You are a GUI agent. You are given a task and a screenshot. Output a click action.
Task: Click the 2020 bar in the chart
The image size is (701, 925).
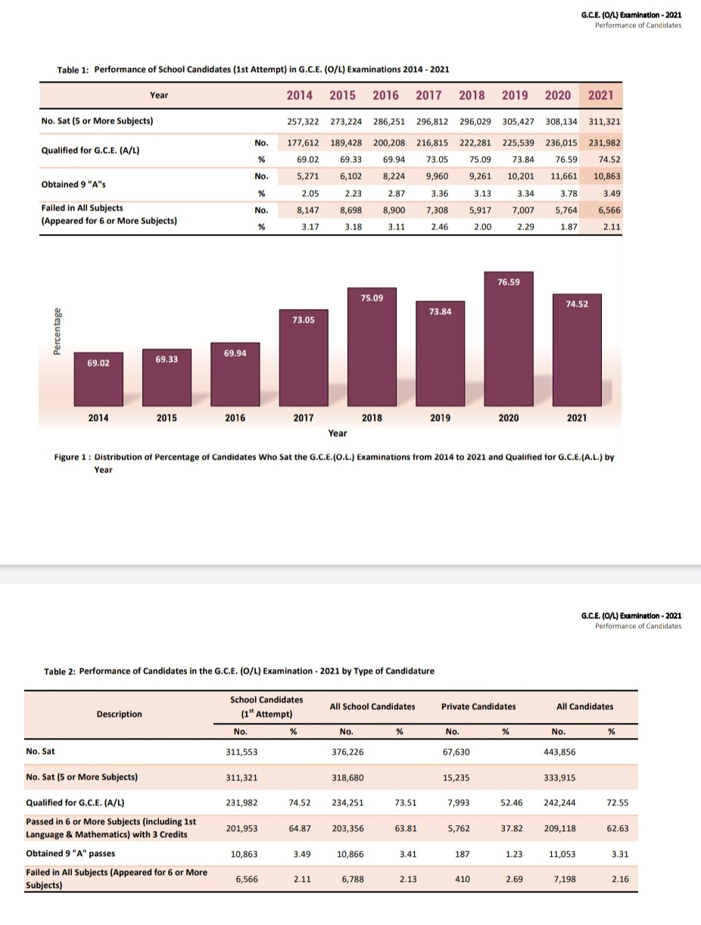(x=509, y=339)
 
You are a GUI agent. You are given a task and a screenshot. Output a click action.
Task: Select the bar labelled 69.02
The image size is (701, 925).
(x=98, y=379)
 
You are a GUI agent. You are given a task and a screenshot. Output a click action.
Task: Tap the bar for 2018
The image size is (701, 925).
(x=372, y=347)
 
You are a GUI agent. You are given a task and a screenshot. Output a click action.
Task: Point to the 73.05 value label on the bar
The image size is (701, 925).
(x=304, y=320)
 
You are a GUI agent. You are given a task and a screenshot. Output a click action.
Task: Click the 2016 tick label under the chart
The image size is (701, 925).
(x=235, y=418)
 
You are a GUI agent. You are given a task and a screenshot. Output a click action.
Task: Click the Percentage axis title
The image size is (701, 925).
(x=57, y=332)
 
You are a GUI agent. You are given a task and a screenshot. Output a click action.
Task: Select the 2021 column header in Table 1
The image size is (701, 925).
(x=601, y=95)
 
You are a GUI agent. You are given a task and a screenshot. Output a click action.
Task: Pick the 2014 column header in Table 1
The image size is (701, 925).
(x=300, y=95)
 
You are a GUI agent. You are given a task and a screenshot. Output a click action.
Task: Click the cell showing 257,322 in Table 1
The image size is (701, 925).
(x=303, y=122)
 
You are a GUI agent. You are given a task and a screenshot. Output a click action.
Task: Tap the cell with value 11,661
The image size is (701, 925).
(x=564, y=176)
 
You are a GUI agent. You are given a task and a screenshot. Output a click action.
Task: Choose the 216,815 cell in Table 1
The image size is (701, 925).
(x=432, y=143)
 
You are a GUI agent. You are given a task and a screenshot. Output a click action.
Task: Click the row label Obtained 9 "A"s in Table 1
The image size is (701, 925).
(x=73, y=184)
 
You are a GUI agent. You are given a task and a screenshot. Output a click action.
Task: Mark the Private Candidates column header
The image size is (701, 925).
(x=478, y=706)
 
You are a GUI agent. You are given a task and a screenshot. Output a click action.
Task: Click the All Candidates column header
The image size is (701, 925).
(x=584, y=706)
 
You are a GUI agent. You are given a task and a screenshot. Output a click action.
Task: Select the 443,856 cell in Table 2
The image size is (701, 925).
(x=559, y=752)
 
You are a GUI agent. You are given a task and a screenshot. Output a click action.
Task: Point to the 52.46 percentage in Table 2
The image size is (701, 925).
(x=512, y=803)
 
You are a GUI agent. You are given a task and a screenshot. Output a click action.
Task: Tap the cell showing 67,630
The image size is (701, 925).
(x=456, y=752)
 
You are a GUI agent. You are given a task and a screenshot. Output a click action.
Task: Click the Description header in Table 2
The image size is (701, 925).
(x=119, y=714)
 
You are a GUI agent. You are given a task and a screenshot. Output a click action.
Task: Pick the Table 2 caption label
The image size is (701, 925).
(x=60, y=671)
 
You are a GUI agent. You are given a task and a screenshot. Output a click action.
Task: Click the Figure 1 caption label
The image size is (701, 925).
(x=72, y=457)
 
